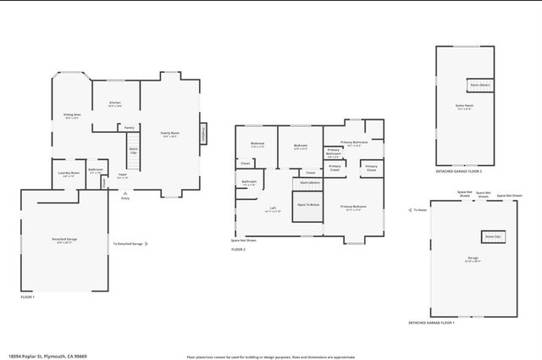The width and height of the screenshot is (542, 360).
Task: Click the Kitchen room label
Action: [x=115, y=104]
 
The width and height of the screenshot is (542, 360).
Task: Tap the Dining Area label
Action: [x=71, y=115]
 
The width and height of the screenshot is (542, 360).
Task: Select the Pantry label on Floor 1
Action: [x=129, y=128]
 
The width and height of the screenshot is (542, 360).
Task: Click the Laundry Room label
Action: [x=69, y=174]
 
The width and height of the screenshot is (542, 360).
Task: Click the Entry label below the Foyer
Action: [x=125, y=198]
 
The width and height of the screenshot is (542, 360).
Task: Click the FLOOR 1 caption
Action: [x=29, y=297]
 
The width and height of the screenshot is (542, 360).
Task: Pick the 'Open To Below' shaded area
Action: [x=307, y=206]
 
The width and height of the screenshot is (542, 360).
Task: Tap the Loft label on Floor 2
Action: [x=273, y=208]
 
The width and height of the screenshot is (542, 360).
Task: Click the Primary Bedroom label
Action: [x=353, y=207]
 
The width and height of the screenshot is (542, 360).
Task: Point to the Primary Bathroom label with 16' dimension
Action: [x=354, y=143]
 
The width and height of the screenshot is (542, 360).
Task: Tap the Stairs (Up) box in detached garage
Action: [x=492, y=236]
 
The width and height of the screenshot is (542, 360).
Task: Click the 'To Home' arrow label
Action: [x=418, y=210]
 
